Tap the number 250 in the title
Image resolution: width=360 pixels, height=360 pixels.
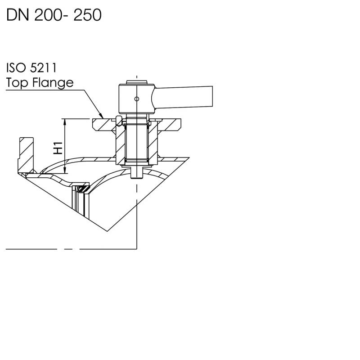pos(87,15)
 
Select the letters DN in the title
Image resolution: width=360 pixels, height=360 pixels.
pos(18,15)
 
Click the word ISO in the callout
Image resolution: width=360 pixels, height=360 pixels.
pos(16,68)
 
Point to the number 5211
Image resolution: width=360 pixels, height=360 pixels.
pos(43,68)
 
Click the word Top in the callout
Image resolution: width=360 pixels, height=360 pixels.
pos(17,83)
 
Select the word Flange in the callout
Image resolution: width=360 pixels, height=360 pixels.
pos(53,83)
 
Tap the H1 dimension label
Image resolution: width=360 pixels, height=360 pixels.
pos(58,148)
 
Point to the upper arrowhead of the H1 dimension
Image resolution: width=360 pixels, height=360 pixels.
pos(65,121)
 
